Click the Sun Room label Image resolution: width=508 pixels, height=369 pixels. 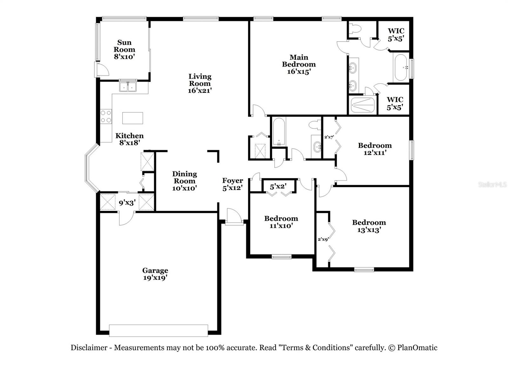(124, 49)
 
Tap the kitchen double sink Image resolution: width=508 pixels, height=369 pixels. (128, 87)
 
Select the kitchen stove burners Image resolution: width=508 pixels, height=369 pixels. (106, 116)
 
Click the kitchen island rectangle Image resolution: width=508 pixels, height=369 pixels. (133, 118)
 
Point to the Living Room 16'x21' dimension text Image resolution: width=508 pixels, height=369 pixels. (200, 90)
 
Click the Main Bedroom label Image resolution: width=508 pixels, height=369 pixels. (299, 64)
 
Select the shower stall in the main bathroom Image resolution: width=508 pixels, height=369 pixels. (362, 105)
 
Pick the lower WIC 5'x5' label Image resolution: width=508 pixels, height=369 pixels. (395, 103)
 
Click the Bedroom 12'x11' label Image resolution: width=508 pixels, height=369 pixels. (375, 149)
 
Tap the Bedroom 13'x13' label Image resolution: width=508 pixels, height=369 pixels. (369, 226)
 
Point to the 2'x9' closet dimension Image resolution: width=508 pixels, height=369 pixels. (323, 239)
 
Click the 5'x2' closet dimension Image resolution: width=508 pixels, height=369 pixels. (278, 187)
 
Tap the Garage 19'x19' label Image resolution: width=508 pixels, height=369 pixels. (155, 274)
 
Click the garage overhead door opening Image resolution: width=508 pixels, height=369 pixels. (158, 330)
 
